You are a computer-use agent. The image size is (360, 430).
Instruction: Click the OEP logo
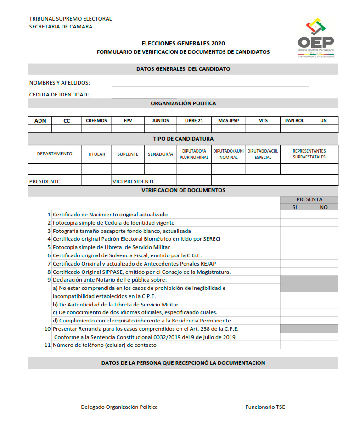coord(316,39)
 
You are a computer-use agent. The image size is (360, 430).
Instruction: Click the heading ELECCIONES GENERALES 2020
coord(183,43)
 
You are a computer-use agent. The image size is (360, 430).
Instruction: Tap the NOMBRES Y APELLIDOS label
coord(60,83)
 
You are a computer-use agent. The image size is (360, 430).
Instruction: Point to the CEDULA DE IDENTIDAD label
coord(59,95)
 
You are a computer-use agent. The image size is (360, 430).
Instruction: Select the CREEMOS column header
coord(96,121)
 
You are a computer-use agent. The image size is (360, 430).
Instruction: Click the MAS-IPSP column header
coord(228,121)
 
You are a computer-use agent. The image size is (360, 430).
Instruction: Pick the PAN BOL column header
coord(294,121)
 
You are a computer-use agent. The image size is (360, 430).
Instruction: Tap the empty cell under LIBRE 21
coord(194,129)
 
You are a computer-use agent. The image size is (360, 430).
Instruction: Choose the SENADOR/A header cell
coord(160,154)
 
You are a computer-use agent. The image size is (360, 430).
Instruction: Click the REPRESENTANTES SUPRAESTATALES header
coord(309,154)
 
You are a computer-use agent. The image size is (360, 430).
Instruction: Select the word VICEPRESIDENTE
coord(134,181)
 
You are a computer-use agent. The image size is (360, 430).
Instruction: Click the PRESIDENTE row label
coord(45,181)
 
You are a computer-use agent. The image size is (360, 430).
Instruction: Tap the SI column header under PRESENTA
coord(294,207)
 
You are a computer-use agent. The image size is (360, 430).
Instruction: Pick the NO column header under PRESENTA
coord(323,207)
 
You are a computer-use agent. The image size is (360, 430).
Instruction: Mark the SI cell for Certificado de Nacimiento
coord(294,215)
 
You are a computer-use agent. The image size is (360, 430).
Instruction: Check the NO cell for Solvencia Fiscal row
coord(323,255)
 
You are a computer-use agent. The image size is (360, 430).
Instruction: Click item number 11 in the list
coord(47,345)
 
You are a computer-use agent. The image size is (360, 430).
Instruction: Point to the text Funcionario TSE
coord(265,407)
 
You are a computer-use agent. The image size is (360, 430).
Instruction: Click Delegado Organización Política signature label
coord(119,407)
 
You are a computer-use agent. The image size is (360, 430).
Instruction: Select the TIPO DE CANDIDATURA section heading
coord(183,139)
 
